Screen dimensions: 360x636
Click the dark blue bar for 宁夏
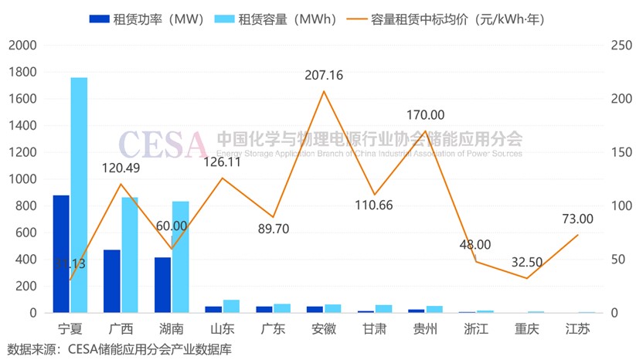[61, 254]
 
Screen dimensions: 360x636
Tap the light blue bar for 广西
[130, 255]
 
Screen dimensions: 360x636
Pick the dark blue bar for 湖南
[162, 285]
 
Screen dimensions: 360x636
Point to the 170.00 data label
[426, 115]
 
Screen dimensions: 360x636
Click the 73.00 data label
[577, 219]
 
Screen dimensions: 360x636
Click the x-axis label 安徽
[324, 328]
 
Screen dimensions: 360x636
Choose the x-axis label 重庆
[527, 328]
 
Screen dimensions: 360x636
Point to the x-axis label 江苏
[577, 328]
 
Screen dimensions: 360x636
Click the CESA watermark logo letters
[162, 143]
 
